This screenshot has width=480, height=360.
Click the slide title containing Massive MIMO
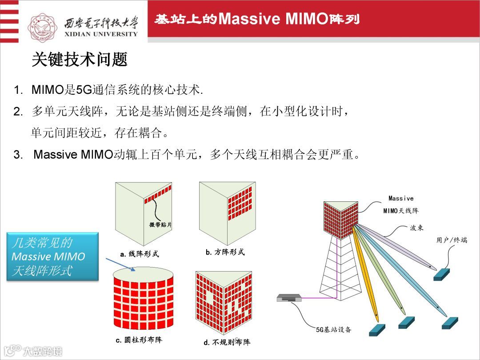[257, 19]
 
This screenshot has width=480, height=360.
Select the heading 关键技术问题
[80, 59]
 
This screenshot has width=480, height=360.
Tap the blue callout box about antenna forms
[52, 256]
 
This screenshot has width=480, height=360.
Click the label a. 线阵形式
[140, 254]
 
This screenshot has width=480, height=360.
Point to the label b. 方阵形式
[225, 252]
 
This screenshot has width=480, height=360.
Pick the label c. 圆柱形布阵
[139, 340]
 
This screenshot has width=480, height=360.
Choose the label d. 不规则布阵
[227, 342]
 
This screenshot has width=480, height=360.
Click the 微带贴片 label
[160, 225]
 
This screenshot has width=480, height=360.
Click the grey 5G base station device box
[289, 298]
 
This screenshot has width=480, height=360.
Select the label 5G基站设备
[333, 330]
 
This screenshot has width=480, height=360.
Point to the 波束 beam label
[416, 228]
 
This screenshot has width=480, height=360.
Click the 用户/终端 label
[452, 240]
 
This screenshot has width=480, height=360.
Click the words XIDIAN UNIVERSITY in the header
[101, 34]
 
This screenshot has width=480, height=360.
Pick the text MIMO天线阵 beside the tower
[401, 211]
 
